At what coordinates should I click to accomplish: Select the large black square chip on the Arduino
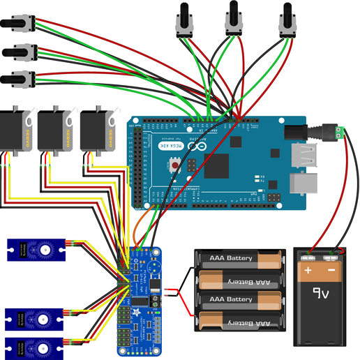(217, 166)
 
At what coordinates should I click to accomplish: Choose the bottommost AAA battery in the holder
(241, 323)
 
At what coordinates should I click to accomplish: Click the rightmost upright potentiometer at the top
(287, 19)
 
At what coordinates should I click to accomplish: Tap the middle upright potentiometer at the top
(234, 19)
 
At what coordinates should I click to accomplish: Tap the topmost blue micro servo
(36, 250)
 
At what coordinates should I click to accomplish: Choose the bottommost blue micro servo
(36, 346)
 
